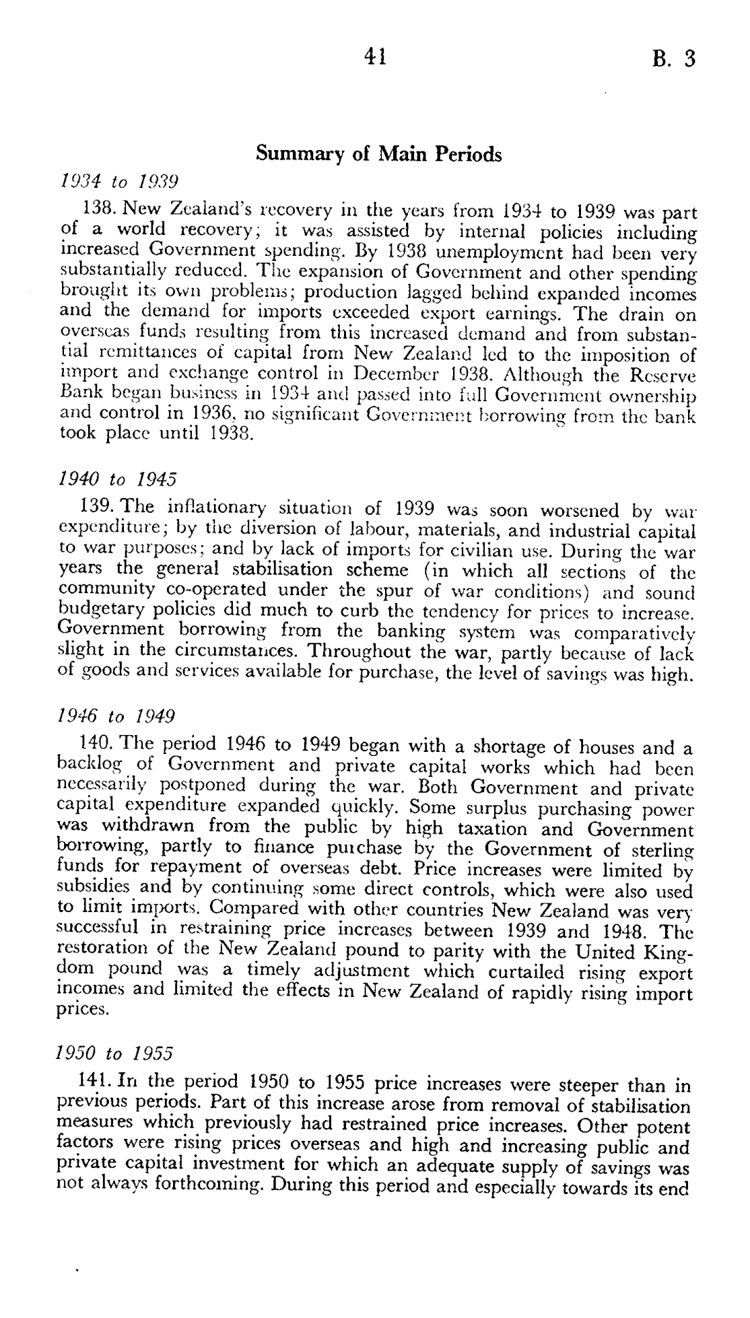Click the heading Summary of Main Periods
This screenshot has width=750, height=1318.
(x=378, y=154)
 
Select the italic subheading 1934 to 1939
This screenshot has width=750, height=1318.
(x=118, y=181)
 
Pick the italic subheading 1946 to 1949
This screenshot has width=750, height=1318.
(x=118, y=715)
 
